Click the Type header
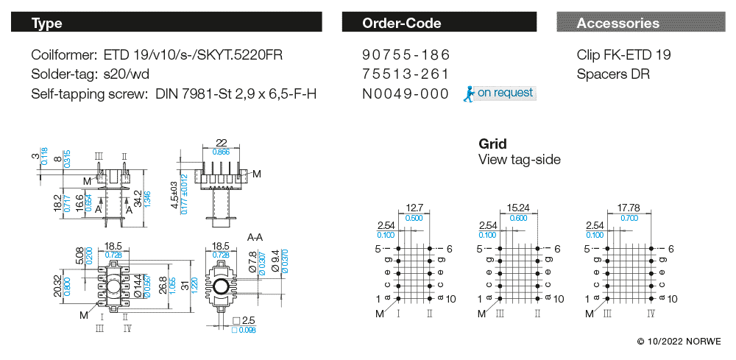pyautogui.click(x=47, y=23)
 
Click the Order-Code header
pyautogui.click(x=402, y=23)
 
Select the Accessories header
pyautogui.click(x=618, y=23)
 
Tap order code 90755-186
pyautogui.click(x=406, y=55)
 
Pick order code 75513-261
pyautogui.click(x=406, y=74)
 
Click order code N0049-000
pyautogui.click(x=406, y=93)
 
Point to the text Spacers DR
pyautogui.click(x=613, y=74)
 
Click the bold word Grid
pyautogui.click(x=492, y=144)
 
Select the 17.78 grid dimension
pyautogui.click(x=628, y=208)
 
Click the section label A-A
pyautogui.click(x=255, y=237)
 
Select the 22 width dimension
pyautogui.click(x=220, y=143)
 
